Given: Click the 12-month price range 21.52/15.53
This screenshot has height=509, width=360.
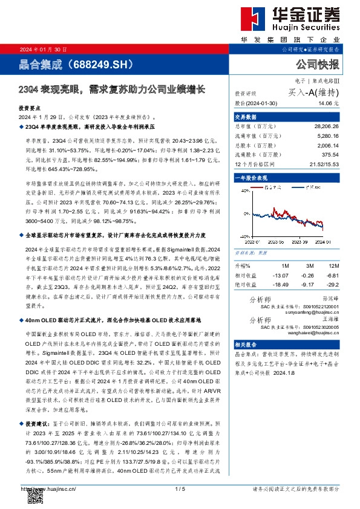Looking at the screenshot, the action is coord(322,164).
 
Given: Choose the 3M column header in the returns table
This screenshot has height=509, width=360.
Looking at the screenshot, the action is coord(310,266).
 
